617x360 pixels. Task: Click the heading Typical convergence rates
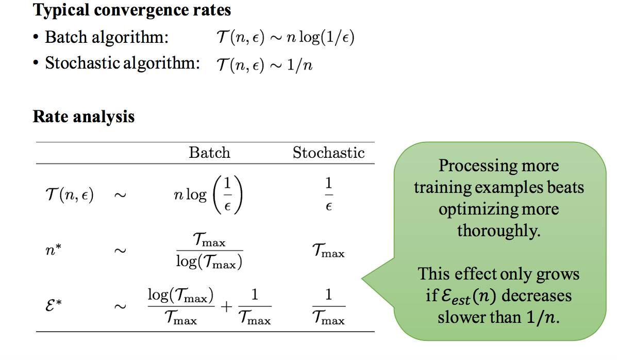pos(132,10)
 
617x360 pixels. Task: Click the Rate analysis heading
pos(84,117)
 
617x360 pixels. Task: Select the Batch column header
pos(209,153)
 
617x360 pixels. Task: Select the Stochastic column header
pos(328,153)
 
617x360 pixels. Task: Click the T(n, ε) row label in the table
pos(69,196)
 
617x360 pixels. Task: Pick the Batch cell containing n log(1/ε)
pos(208,196)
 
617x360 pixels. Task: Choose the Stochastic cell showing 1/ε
pos(329,195)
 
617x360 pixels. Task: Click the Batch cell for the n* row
pos(209,252)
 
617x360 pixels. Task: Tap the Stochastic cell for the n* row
pos(328,252)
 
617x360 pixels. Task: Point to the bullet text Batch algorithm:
pos(107,37)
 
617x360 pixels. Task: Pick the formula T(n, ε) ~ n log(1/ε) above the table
pos(285,38)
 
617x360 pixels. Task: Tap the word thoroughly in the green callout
pos(498,231)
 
